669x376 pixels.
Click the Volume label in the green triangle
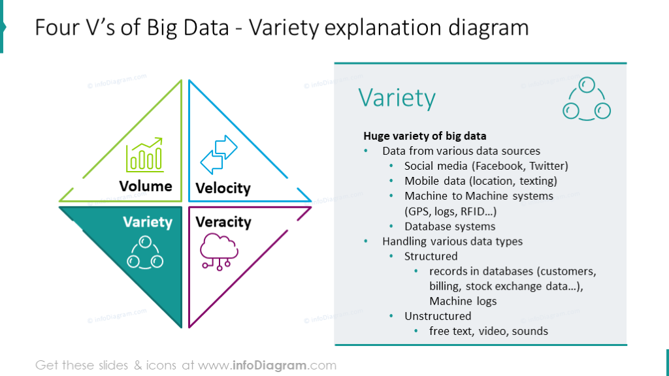pos(146,186)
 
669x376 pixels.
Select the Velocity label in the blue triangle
pos(223,189)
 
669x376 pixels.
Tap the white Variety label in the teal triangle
pos(148,223)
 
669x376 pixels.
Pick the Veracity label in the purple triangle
pos(223,222)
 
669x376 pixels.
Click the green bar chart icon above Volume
pos(144,154)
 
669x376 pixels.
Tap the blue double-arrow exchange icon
pos(219,154)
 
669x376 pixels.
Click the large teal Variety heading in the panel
pos(397,98)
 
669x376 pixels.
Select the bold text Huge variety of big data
pos(425,136)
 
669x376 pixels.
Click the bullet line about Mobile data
pos(480,181)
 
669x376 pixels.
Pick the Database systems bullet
pos(449,227)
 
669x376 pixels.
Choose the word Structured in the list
pos(431,256)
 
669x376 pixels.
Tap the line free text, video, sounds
pos(488,331)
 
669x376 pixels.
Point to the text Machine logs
pos(463,301)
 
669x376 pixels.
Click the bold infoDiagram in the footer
pos(270,365)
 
